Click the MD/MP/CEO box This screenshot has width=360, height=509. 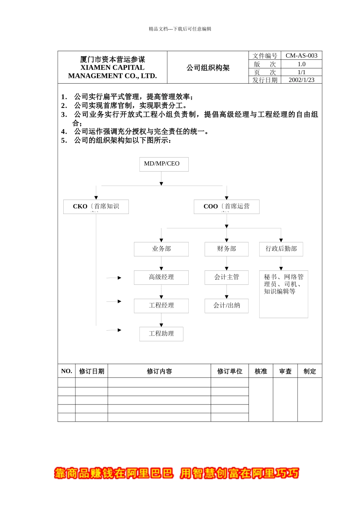coord(164,164)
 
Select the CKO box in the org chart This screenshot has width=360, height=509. coord(96,207)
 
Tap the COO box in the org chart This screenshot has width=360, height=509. coord(227,207)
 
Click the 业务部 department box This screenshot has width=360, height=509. coord(161,249)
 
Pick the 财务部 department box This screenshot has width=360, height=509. coord(227,249)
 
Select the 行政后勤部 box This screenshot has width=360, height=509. coord(281,249)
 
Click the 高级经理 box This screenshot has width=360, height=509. coord(161,277)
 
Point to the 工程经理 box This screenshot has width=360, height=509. coord(161,306)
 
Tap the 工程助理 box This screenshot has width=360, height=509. coord(161,334)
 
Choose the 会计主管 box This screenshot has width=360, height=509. coord(227,277)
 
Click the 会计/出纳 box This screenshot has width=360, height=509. coord(227,306)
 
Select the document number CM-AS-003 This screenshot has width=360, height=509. coord(301,56)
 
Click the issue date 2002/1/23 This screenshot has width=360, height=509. coord(301,80)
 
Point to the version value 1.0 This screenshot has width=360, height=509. coord(301,64)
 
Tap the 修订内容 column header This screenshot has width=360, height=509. coord(159,371)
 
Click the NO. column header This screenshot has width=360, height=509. coord(66,371)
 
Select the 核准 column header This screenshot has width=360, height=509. coord(261,371)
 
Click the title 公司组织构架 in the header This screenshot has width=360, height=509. coord(208,68)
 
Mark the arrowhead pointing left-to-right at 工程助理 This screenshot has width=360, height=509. coord(119,330)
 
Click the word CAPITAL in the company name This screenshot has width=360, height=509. coord(127,67)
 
